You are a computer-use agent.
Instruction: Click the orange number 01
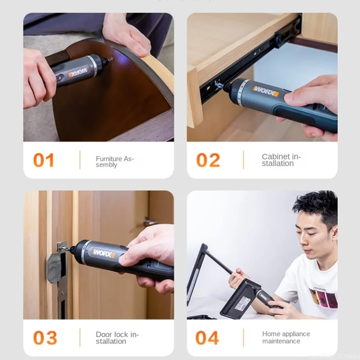click(x=44, y=160)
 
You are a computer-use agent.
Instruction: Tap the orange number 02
click(x=208, y=160)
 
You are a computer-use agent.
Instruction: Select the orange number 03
click(x=45, y=337)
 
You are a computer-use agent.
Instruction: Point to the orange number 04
click(x=207, y=337)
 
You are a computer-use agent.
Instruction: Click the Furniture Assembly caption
click(x=114, y=162)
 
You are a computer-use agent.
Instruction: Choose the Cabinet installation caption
click(x=281, y=160)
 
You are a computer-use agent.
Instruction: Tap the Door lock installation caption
click(x=117, y=338)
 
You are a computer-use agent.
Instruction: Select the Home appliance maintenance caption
click(x=285, y=337)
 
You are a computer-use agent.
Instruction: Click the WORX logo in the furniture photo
click(x=78, y=72)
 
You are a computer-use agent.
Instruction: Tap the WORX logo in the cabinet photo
click(x=266, y=90)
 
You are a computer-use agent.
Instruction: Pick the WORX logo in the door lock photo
click(x=103, y=253)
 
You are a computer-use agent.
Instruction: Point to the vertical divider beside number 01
click(x=80, y=160)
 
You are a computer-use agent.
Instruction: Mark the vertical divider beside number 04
click(x=243, y=337)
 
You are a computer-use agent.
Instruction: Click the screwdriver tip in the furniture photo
click(x=110, y=60)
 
